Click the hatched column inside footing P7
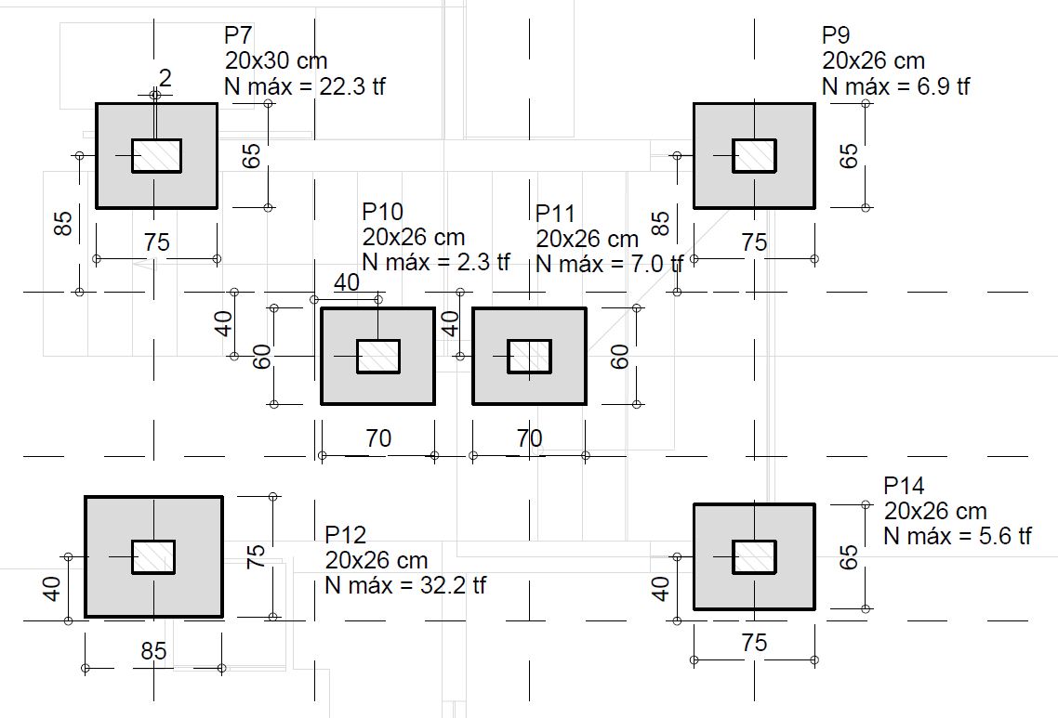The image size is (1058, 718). pos(156,156)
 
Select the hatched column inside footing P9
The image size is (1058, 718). pos(754,156)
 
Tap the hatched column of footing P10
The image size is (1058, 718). pos(378,357)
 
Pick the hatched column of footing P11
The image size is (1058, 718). pos(529,357)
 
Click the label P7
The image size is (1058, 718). pos(238,36)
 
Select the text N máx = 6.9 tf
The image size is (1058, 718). pos(895,86)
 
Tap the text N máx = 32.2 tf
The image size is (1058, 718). pos(404,586)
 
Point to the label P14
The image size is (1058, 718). pos(904,486)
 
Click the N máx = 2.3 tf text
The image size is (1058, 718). pos(436,262)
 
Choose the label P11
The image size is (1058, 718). pos(556,215)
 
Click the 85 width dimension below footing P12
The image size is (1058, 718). pos(153,652)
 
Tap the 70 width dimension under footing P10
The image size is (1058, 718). pos(378,437)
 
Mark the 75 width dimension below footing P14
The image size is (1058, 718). pos(754,643)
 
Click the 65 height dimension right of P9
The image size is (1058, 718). pos(849,155)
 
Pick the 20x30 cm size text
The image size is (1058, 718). pos(275,61)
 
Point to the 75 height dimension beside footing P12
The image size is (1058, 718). pos(258,555)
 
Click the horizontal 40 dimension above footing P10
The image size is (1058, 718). pos(347,283)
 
